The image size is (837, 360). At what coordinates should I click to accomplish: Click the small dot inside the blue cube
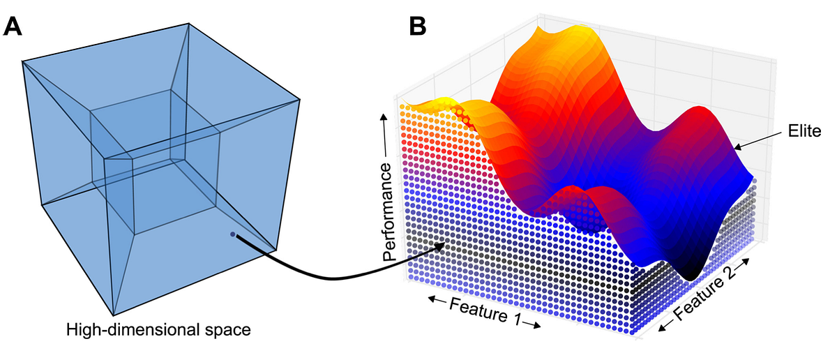point(232,234)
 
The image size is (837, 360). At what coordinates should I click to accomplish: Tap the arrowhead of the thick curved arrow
point(441,245)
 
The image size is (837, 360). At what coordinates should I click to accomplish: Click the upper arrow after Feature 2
point(744,264)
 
